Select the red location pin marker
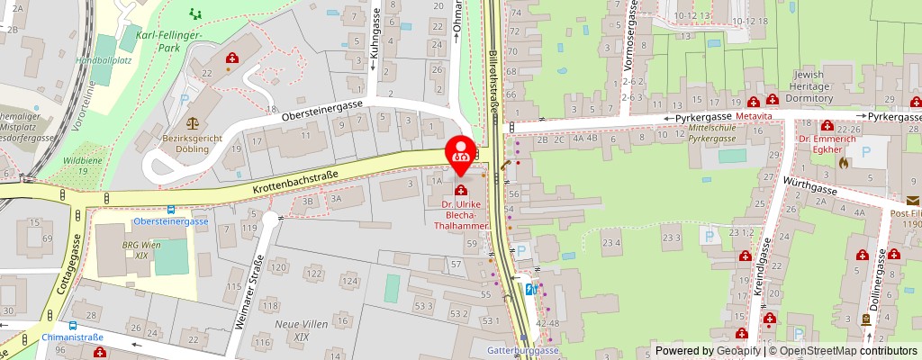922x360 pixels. [x=462, y=149]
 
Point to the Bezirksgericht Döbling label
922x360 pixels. [x=192, y=144]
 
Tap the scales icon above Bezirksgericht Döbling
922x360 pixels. [x=192, y=122]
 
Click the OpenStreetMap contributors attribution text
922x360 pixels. [x=846, y=351]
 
